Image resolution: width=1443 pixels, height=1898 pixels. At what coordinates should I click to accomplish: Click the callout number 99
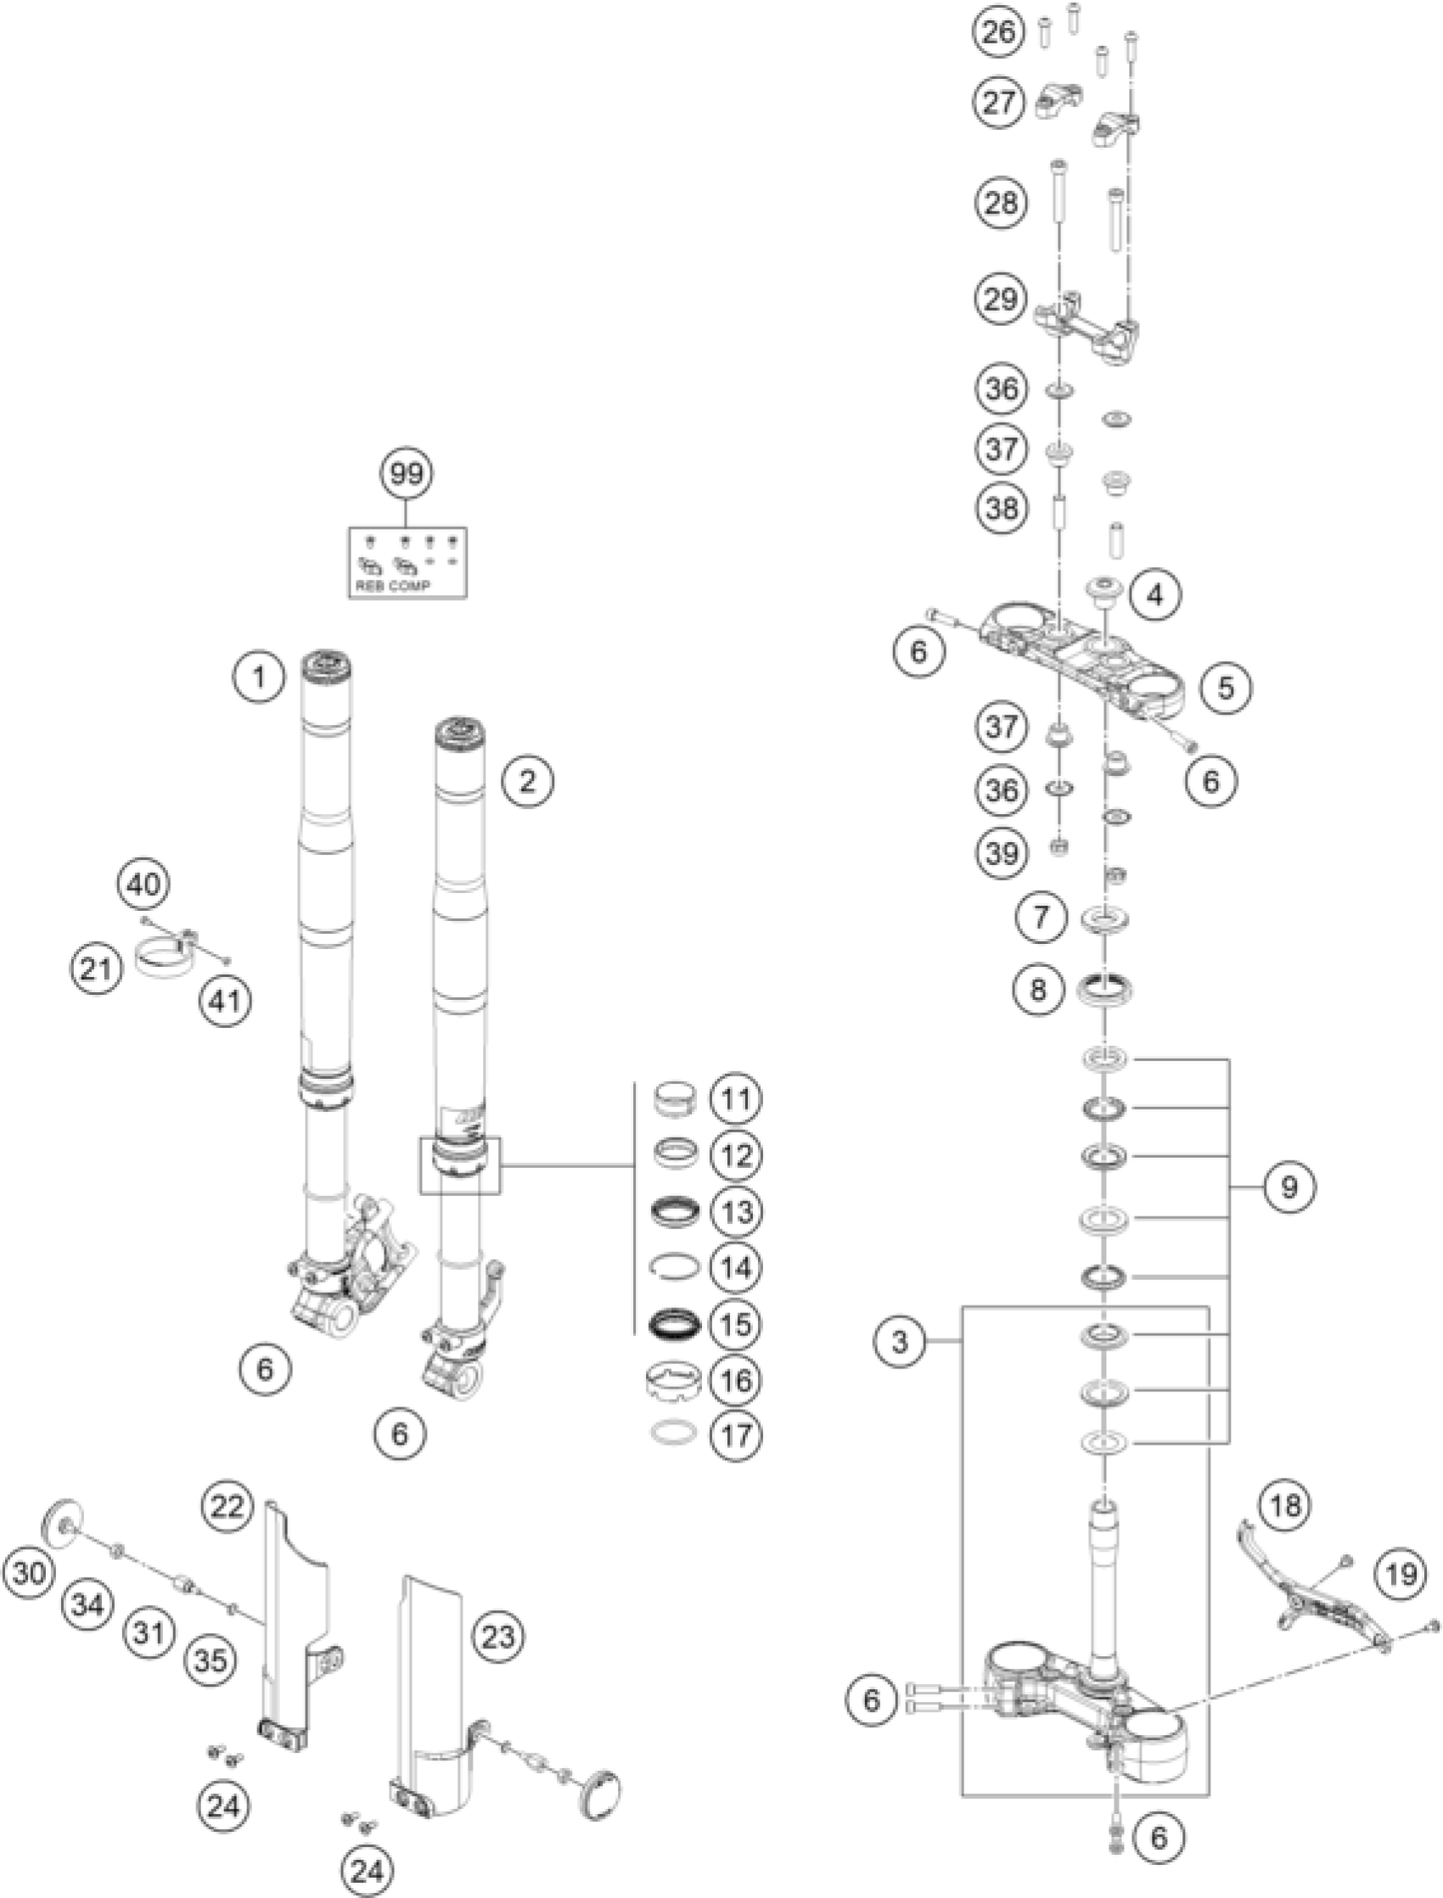[x=407, y=473]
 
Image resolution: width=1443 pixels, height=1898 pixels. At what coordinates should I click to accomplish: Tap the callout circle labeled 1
[x=259, y=678]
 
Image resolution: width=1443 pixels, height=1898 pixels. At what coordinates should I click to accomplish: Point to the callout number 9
[x=1289, y=1187]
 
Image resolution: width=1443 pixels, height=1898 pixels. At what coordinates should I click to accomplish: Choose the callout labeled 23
[x=499, y=1637]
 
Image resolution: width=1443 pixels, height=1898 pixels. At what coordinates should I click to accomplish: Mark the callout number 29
[x=1002, y=300]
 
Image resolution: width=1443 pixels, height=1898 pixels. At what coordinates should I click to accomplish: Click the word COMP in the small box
[x=410, y=586]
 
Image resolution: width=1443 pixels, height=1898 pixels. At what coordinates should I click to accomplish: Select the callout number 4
[x=1156, y=593]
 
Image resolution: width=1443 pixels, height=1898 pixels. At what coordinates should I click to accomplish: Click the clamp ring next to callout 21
[x=163, y=958]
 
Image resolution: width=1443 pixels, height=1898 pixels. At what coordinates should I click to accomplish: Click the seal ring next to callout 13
[x=674, y=1212]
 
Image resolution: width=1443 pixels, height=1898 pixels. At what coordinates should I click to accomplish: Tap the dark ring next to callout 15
[x=674, y=1323]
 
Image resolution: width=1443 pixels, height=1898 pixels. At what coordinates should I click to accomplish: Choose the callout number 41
[x=227, y=998]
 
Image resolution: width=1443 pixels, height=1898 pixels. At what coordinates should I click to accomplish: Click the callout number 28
[x=1002, y=204]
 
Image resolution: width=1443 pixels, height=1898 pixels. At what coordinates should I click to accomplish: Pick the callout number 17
[x=736, y=1435]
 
